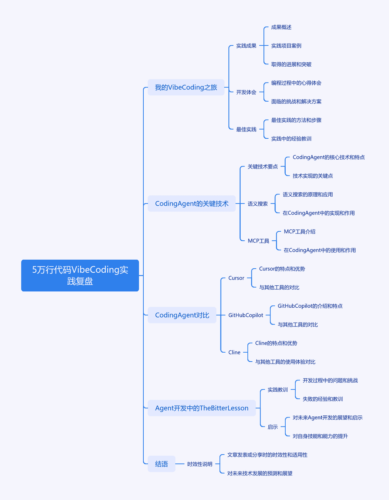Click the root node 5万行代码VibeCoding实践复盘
tap(80, 276)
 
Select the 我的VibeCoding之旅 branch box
tap(186, 87)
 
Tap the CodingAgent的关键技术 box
tap(192, 204)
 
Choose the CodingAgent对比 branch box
tap(182, 315)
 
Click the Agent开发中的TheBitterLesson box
tap(202, 408)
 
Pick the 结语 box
tap(161, 464)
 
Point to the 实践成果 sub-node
tap(246, 46)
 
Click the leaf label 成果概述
tap(281, 27)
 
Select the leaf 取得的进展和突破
tap(291, 64)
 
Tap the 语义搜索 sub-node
tap(258, 204)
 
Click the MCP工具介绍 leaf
tap(300, 232)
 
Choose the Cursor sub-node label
tap(236, 278)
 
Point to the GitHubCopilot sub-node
tap(246, 315)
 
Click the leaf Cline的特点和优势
tap(276, 343)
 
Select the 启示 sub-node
tap(273, 427)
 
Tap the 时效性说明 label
tap(200, 464)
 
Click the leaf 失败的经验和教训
tap(323, 399)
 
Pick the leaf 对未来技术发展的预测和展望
tap(260, 473)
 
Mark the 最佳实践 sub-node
tap(246, 129)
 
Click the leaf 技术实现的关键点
tap(313, 176)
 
